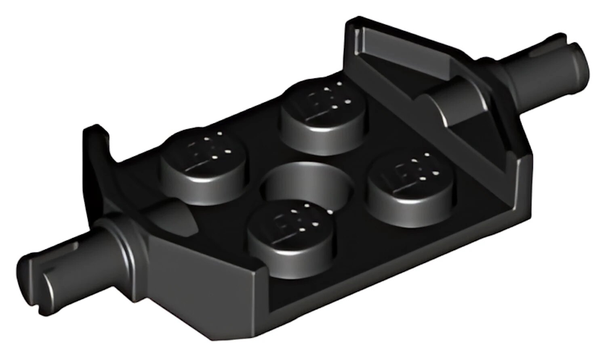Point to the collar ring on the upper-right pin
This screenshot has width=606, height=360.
point(503,75)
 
